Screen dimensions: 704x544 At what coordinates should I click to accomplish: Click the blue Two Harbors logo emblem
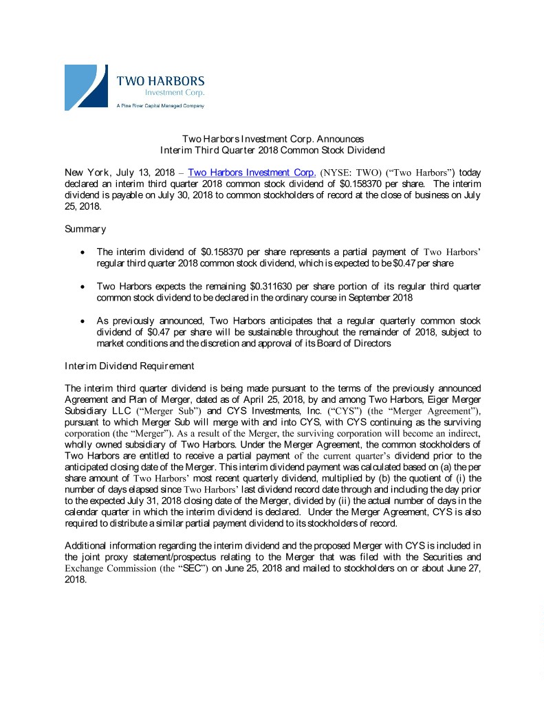(x=86, y=87)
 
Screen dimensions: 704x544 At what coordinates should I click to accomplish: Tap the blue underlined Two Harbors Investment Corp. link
(x=252, y=172)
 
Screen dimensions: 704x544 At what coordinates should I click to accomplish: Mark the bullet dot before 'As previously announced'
(x=83, y=321)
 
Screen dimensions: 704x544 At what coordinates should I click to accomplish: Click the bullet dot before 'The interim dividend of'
(x=83, y=252)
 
